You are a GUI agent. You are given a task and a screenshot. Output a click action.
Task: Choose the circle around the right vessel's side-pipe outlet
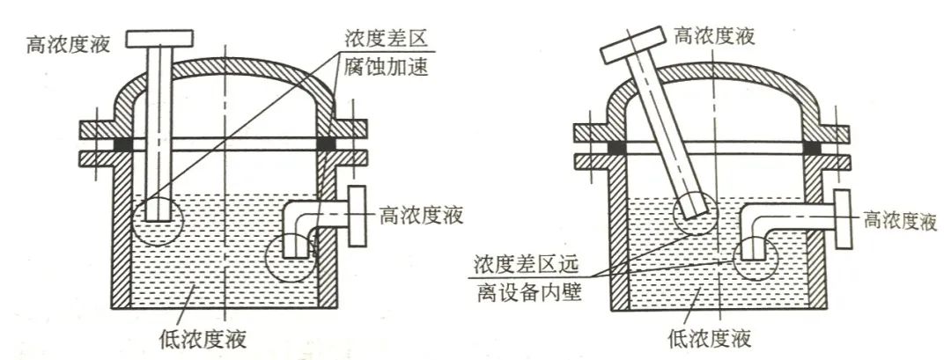point(753,256)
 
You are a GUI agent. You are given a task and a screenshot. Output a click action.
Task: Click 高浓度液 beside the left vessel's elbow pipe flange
point(421,213)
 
